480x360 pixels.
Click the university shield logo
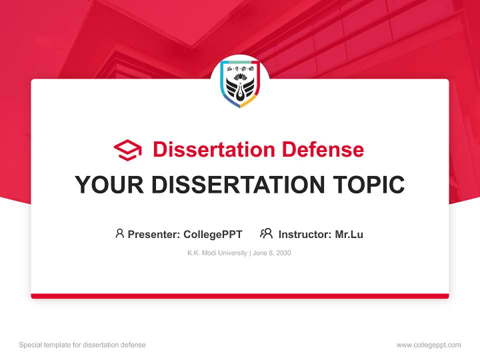point(240,83)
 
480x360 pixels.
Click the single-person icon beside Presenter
point(119,233)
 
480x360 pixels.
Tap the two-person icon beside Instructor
point(266,233)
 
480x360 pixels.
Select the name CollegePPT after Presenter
point(213,234)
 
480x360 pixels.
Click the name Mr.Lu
point(349,234)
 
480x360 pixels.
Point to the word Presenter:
point(154,234)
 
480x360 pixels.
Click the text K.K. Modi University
point(217,253)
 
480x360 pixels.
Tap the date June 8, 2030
point(272,253)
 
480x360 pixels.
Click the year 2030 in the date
point(282,253)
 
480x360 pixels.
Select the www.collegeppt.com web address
point(428,345)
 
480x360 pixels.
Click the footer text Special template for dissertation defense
point(82,345)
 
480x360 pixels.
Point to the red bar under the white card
point(240,296)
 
